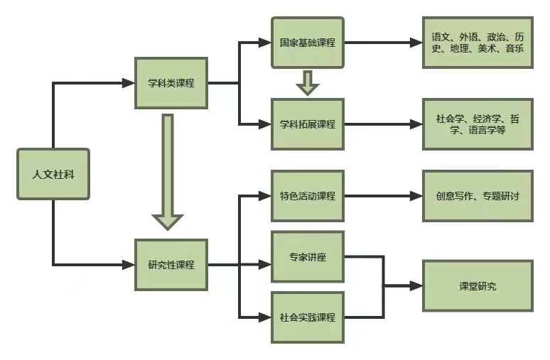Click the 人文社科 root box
click(x=53, y=174)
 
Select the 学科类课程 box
click(x=171, y=83)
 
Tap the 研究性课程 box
click(x=171, y=265)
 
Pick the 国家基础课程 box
click(x=307, y=43)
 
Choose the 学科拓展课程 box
click(x=307, y=124)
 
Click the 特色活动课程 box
click(x=307, y=195)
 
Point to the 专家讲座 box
click(x=307, y=256)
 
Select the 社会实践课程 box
click(x=307, y=317)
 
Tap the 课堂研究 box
click(x=478, y=285)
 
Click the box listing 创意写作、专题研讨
click(x=478, y=195)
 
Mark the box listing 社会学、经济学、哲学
click(x=478, y=124)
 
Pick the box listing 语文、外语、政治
click(x=478, y=43)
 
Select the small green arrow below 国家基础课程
click(x=308, y=82)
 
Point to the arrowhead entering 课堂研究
click(x=416, y=286)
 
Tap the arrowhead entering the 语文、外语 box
click(x=416, y=43)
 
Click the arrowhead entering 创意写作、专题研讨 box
click(x=416, y=195)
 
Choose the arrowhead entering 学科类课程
click(x=129, y=83)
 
